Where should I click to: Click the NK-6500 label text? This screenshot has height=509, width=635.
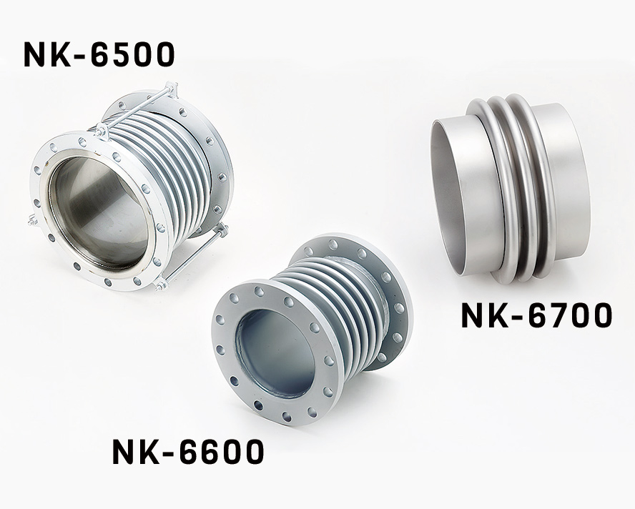coord(99,54)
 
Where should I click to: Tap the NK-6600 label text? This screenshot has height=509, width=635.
coord(188,452)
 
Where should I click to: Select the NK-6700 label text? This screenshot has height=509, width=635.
coord(536,316)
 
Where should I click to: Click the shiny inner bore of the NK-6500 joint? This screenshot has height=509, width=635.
coord(99,214)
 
